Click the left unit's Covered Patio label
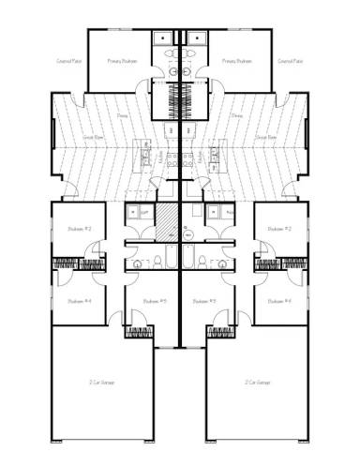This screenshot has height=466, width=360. pyautogui.click(x=68, y=62)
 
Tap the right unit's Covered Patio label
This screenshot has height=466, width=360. pyautogui.click(x=290, y=62)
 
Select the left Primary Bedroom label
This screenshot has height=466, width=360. pyautogui.click(x=122, y=62)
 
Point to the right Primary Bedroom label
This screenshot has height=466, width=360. pyautogui.click(x=237, y=62)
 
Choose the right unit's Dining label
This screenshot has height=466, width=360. pyautogui.click(x=236, y=117)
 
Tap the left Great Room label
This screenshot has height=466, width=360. pyautogui.click(x=92, y=137)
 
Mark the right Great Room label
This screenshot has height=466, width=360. pyautogui.click(x=266, y=137)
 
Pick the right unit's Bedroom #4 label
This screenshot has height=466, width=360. pyautogui.click(x=279, y=301)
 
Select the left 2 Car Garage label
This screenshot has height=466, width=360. pyautogui.click(x=99, y=383)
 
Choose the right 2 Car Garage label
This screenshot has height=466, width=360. pyautogui.click(x=259, y=383)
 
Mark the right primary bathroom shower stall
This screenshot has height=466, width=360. pyautogui.click(x=196, y=39)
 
